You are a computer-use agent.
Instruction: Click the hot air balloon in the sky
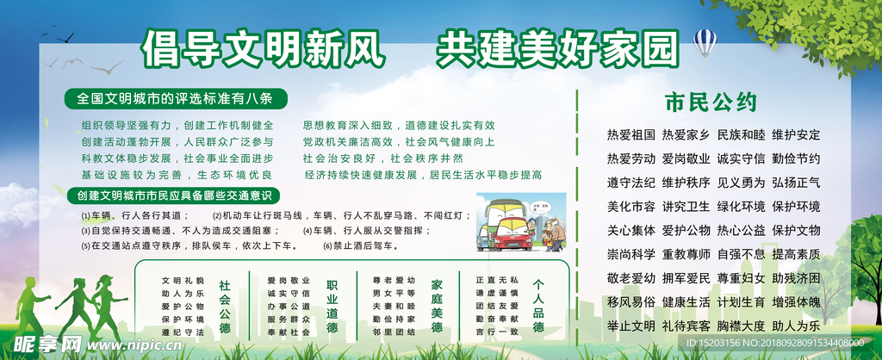(x=705, y=41)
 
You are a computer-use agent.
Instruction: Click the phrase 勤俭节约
(x=796, y=158)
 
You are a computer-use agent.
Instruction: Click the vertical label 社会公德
(x=224, y=307)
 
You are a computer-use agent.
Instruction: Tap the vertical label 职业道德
(x=332, y=307)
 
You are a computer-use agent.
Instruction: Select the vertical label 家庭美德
(x=437, y=307)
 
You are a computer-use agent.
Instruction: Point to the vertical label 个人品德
(x=538, y=307)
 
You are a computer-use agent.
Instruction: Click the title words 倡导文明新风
(x=262, y=48)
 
